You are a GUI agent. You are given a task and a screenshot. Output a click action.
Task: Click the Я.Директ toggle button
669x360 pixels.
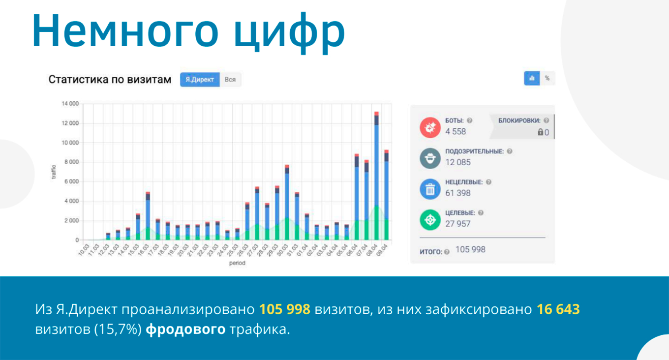[x=200, y=79]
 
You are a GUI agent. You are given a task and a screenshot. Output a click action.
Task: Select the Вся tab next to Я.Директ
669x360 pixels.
[x=230, y=79]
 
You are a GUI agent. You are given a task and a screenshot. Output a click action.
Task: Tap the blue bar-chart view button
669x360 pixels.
[x=532, y=78]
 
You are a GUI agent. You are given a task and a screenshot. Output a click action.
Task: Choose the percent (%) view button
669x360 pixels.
[x=547, y=78]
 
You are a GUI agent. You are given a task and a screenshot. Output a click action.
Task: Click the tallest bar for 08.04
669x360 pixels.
[x=376, y=176]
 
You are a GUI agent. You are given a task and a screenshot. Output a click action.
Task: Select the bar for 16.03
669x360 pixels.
[x=148, y=216]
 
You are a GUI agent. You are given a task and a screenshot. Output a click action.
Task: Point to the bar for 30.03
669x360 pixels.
[x=287, y=203]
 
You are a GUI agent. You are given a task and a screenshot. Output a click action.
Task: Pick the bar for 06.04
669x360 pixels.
[x=357, y=197]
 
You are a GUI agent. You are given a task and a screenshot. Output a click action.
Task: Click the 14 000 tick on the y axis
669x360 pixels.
[x=70, y=104]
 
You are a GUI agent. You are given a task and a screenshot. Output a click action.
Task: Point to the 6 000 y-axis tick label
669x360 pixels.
[x=71, y=181]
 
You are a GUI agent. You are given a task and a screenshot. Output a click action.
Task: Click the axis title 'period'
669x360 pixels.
[x=237, y=263]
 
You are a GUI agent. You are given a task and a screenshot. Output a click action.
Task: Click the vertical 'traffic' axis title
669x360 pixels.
[x=54, y=172]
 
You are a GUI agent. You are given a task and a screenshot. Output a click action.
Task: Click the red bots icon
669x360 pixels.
[x=430, y=127]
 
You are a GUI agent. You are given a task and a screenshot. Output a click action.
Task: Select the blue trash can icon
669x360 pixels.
[x=430, y=189]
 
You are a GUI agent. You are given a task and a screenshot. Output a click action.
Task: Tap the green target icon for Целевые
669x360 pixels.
[x=430, y=220]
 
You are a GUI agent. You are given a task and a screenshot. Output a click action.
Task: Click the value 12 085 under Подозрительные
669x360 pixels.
[x=458, y=162]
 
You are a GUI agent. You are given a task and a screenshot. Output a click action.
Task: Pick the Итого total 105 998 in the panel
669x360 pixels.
[x=470, y=249]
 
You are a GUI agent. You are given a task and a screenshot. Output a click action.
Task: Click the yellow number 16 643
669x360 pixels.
[x=558, y=309]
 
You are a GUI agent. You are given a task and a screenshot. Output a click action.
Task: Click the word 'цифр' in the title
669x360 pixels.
[x=289, y=32]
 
